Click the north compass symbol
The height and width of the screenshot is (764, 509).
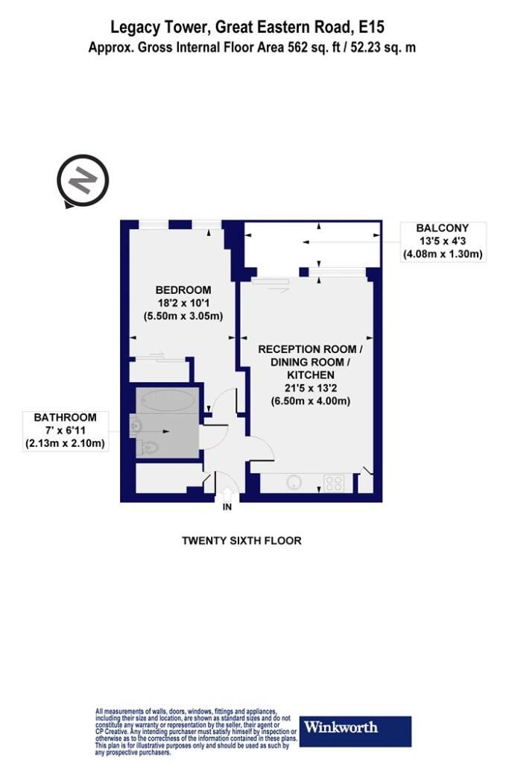(x=82, y=181)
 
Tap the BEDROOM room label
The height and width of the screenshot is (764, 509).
(x=183, y=290)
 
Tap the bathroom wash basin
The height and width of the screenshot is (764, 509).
(x=136, y=426)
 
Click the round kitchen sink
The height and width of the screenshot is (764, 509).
(x=294, y=483)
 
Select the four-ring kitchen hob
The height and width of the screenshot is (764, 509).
(x=334, y=483)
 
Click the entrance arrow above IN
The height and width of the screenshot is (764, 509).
(x=227, y=494)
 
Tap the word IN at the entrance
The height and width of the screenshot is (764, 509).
(x=227, y=507)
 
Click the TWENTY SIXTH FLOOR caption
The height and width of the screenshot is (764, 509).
(x=241, y=540)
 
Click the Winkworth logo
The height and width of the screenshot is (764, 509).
(x=355, y=731)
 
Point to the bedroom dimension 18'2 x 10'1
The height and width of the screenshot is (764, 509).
(x=183, y=303)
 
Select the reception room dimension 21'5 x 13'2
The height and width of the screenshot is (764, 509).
(x=311, y=388)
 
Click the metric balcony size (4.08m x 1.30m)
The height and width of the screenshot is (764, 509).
(x=443, y=254)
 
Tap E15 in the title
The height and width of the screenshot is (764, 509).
(x=371, y=27)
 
